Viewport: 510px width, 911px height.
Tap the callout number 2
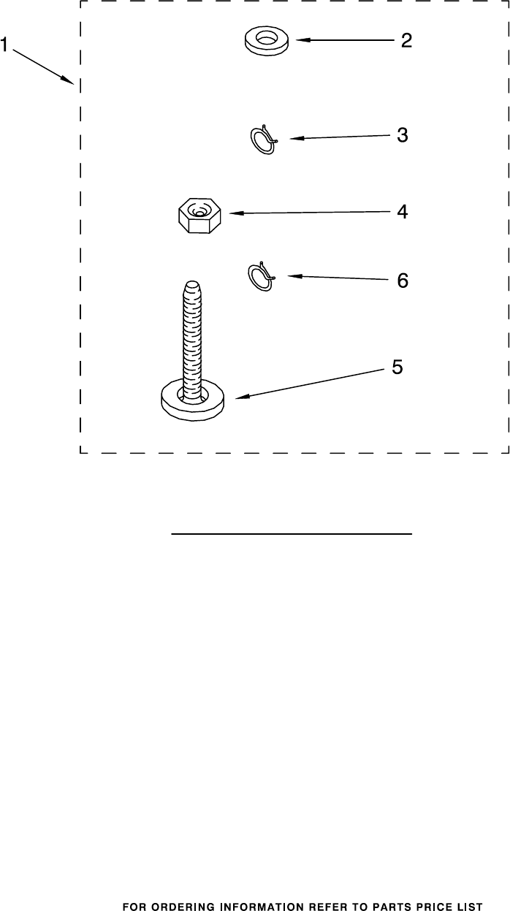406,41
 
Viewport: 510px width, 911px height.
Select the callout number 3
402,135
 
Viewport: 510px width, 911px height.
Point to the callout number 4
402,212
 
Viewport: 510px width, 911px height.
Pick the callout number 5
397,367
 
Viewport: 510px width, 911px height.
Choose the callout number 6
402,281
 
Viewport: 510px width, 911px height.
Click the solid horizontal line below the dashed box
292,534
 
